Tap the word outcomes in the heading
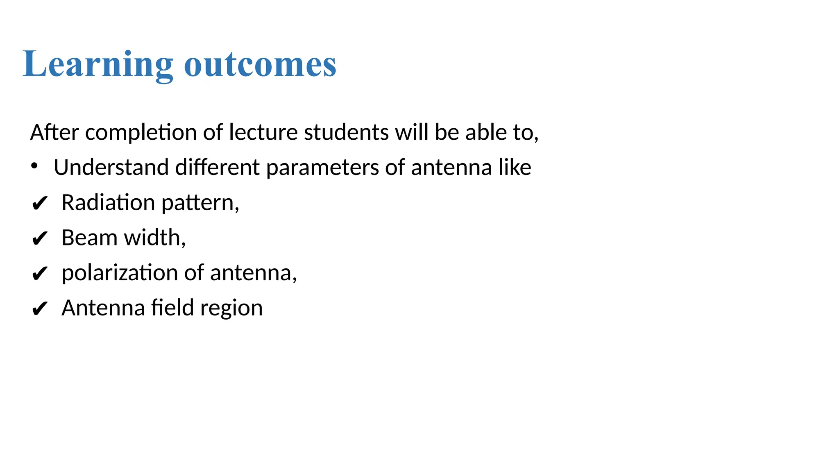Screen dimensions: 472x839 [260, 65]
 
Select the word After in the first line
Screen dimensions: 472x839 [54, 132]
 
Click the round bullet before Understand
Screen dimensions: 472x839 [34, 166]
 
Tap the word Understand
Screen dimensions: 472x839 [111, 168]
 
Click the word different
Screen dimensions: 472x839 [218, 168]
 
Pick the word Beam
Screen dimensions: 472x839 [89, 238]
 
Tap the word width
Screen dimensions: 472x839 [152, 238]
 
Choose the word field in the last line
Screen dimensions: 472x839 [172, 308]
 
